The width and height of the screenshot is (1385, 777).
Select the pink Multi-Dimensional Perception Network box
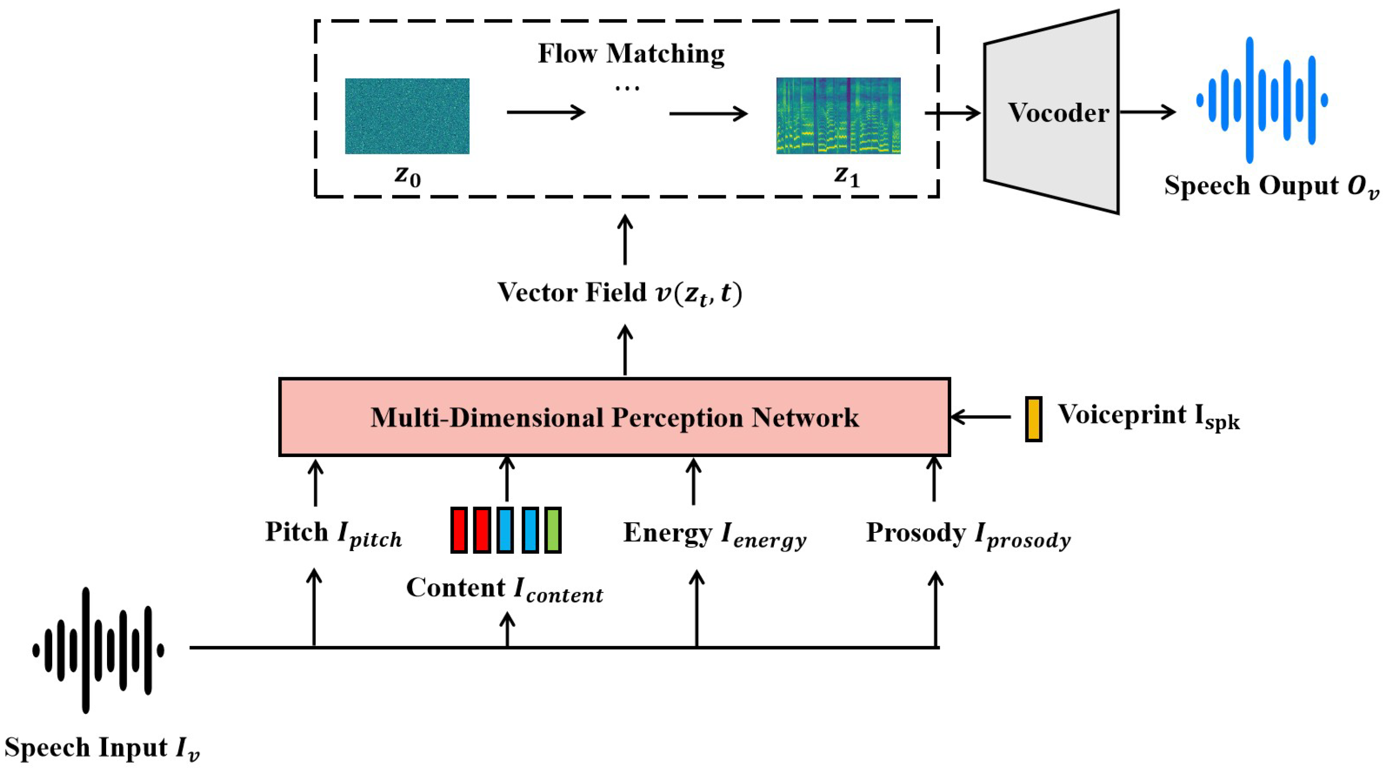[614, 417]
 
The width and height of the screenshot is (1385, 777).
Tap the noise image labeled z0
[407, 116]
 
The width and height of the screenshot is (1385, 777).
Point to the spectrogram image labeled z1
[838, 116]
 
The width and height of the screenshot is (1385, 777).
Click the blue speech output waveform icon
[1262, 100]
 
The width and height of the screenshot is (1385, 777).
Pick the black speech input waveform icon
[98, 650]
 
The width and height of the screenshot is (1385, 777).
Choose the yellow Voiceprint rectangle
[1033, 419]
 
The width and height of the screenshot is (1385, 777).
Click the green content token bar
[553, 530]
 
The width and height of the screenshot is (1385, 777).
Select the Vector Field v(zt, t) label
[619, 293]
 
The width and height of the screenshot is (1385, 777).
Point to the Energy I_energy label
[714, 534]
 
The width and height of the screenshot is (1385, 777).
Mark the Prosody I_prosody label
[968, 534]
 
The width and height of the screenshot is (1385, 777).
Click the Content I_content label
[504, 589]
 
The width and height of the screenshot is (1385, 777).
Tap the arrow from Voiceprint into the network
[981, 417]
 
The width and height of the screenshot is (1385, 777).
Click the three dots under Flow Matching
[627, 88]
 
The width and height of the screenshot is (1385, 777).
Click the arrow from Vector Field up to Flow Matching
[625, 240]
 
